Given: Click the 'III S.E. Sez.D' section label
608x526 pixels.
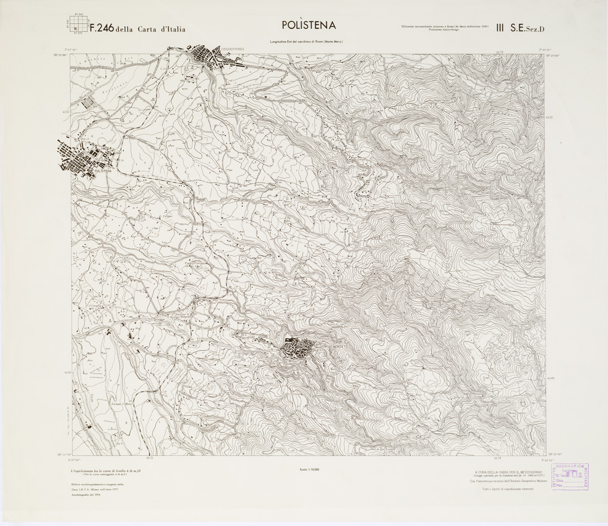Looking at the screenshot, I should coord(520,28).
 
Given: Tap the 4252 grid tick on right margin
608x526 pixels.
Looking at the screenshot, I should coord(549,117).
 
